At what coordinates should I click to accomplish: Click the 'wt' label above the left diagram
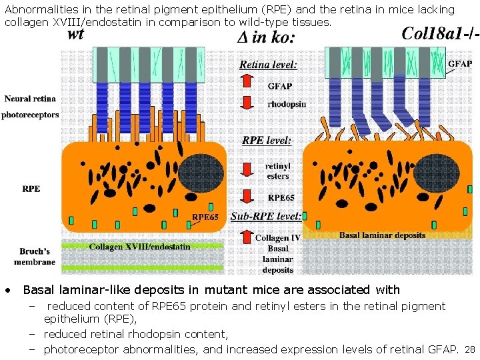click(x=75, y=35)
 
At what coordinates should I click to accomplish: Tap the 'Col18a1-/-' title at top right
click(x=440, y=34)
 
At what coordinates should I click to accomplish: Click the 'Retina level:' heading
click(x=269, y=65)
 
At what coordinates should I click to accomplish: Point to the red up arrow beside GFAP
click(x=247, y=81)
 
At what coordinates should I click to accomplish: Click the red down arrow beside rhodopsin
click(x=247, y=103)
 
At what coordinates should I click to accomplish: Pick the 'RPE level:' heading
click(x=267, y=141)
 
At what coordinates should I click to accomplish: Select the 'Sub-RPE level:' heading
click(x=266, y=217)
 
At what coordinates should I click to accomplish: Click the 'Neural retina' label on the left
click(x=30, y=99)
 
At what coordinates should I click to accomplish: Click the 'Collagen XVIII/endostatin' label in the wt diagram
click(x=140, y=247)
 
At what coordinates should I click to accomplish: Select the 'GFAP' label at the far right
click(x=459, y=63)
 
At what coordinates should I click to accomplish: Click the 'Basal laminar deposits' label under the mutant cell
click(x=382, y=235)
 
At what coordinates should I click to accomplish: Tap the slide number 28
click(x=469, y=350)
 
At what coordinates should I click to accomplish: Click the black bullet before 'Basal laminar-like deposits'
click(x=7, y=291)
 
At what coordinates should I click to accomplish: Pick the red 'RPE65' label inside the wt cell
click(x=205, y=217)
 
